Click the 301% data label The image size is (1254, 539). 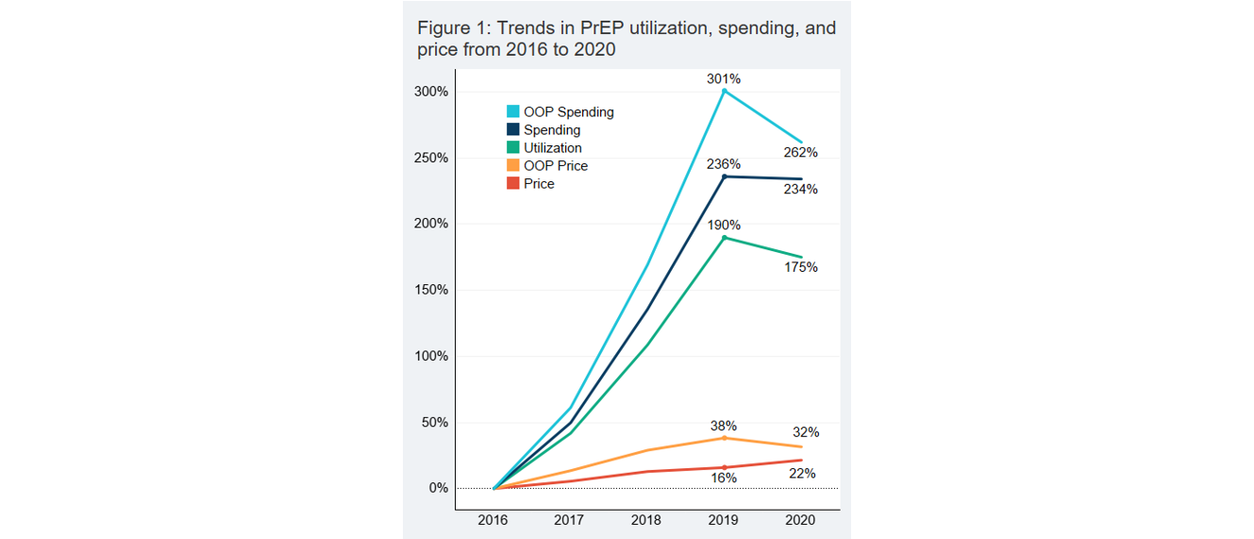(724, 79)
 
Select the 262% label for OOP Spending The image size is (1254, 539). (800, 152)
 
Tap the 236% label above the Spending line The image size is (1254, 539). (724, 164)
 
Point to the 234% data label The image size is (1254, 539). (800, 190)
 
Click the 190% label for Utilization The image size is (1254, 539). (724, 226)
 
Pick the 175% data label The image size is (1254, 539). (800, 268)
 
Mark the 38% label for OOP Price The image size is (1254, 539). (724, 426)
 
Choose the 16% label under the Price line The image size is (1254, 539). (724, 479)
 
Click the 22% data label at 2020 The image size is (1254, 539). (802, 474)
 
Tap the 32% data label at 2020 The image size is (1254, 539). (806, 432)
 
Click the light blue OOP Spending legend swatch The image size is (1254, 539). (513, 111)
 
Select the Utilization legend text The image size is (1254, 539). (552, 148)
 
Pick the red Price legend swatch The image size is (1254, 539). (513, 184)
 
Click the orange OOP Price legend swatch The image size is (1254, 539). (513, 166)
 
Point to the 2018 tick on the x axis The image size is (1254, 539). (646, 520)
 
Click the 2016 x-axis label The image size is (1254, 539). (493, 520)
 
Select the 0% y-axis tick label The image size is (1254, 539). (437, 488)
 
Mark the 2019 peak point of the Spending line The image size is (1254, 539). (724, 177)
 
